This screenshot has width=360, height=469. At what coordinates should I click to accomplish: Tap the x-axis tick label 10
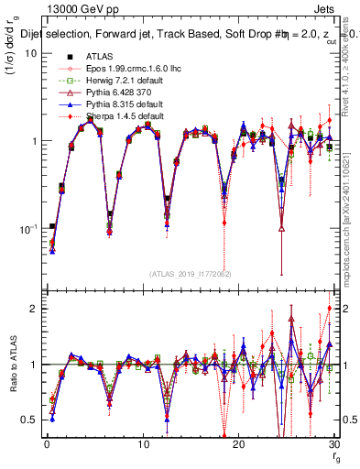pos(142,445)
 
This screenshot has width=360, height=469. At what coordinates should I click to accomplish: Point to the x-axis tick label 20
pos(238,445)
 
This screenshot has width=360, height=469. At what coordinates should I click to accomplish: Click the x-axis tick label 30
pos(333,445)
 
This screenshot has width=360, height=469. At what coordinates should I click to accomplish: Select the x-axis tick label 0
pos(47,445)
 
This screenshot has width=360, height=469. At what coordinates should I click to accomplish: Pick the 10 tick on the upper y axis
pos(29,53)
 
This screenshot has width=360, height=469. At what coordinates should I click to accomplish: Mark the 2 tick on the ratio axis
pos(33,309)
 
